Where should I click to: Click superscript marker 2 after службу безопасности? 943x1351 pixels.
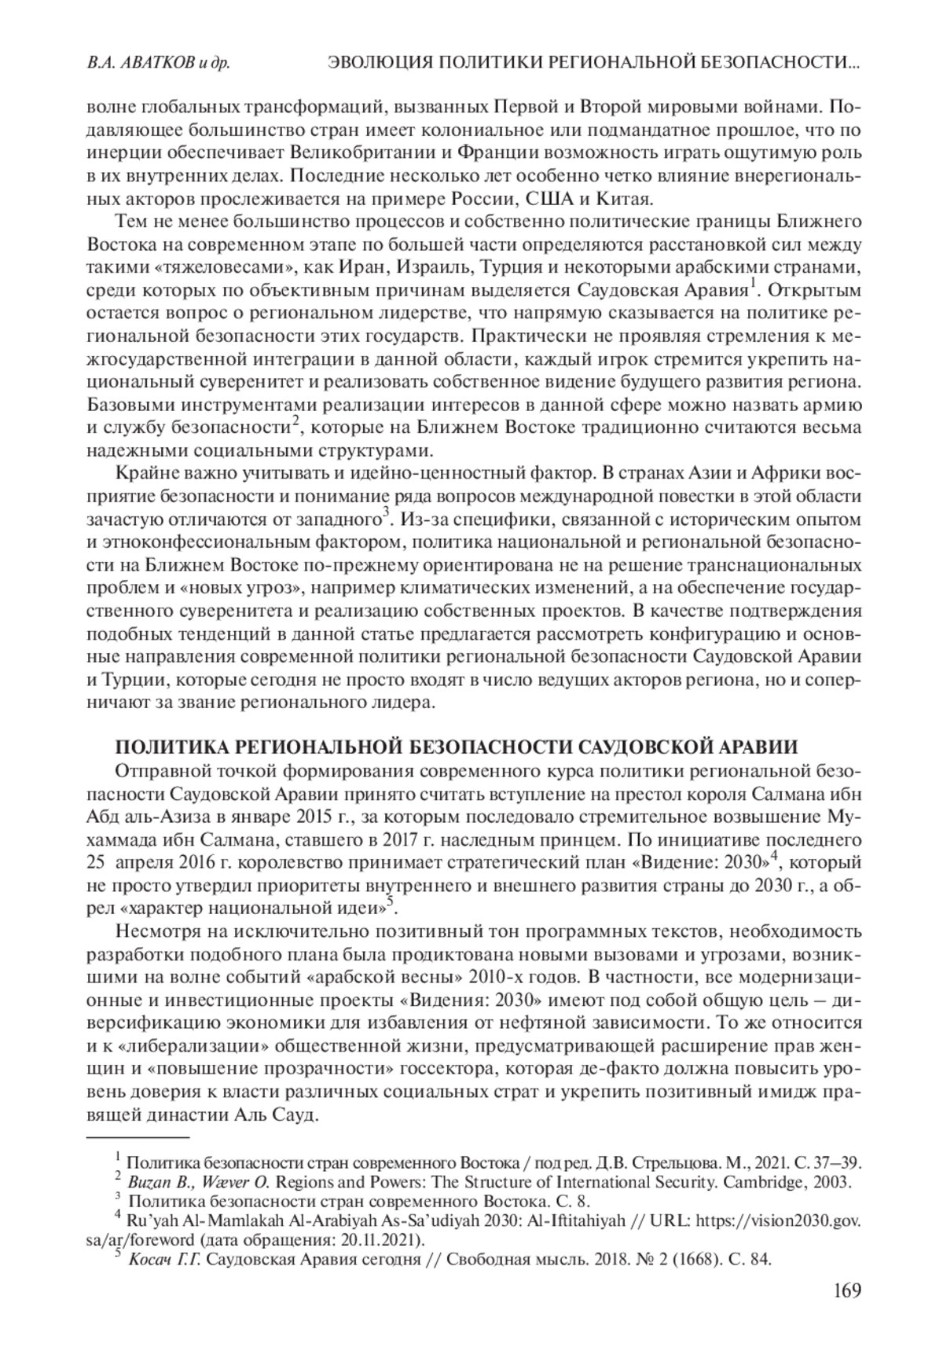click(295, 421)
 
